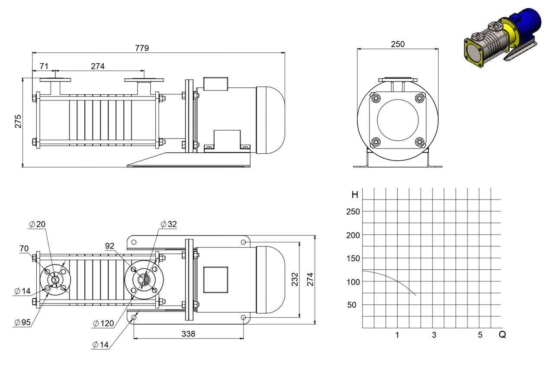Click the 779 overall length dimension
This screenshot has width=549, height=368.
coord(142,48)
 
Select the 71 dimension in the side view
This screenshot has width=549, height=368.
coord(44,66)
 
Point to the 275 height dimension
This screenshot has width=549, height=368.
coord(18,121)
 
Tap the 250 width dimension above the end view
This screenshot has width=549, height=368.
coord(398,44)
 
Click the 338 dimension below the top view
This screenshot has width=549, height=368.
coord(188,334)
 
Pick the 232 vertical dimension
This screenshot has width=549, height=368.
coord(295,279)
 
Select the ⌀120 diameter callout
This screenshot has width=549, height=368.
coord(103,323)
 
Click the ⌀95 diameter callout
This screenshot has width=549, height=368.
coord(22,322)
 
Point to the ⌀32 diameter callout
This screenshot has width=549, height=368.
coord(169,224)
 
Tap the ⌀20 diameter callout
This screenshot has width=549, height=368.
coord(37,224)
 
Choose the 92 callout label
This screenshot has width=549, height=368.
coord(109,246)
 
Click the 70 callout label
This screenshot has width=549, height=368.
coord(24,249)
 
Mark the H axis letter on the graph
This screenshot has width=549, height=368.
coord(355,195)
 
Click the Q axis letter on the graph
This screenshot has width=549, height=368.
coord(502,334)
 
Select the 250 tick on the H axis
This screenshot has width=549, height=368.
coord(353,211)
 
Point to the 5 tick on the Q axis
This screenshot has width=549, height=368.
coord(480,335)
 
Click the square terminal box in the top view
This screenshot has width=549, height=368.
coord(216,280)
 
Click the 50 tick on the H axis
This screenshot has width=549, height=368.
coord(351,305)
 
